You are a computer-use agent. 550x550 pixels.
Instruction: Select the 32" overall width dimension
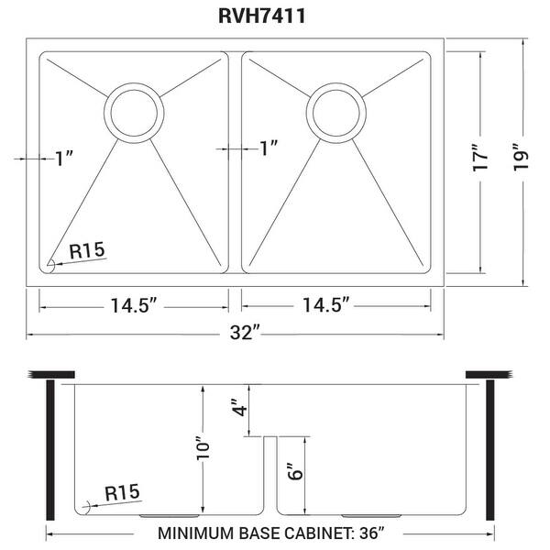[243, 335]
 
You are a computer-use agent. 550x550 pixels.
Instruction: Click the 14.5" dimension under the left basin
[133, 305]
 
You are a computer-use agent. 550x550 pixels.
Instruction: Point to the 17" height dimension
[477, 162]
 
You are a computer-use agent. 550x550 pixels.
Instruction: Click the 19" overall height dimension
[522, 162]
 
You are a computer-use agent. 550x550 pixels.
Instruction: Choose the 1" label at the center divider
[268, 147]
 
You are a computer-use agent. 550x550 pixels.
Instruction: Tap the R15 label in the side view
[124, 493]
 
